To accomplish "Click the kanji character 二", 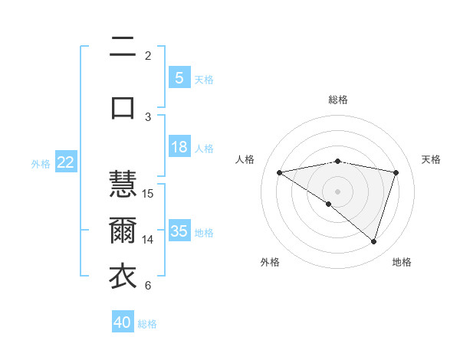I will [123, 47].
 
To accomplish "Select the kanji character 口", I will [123, 107].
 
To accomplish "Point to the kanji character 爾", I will [123, 231].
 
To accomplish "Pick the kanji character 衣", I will [123, 277].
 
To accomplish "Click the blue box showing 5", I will [179, 78].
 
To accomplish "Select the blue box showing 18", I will [179, 147].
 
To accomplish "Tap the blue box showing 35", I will [179, 231].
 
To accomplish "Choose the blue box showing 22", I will [66, 162].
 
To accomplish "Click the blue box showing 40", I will [123, 322].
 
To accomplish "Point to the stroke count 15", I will [148, 193].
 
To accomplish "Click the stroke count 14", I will [148, 239].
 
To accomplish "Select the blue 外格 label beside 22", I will [41, 163].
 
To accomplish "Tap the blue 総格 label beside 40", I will [147, 323].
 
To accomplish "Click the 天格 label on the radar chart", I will [432, 159].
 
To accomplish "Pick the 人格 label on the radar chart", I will [245, 159].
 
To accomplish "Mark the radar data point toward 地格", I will [373, 241].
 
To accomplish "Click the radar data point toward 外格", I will [329, 204].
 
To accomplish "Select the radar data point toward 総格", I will [337, 161].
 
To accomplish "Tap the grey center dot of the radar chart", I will [337, 191].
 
